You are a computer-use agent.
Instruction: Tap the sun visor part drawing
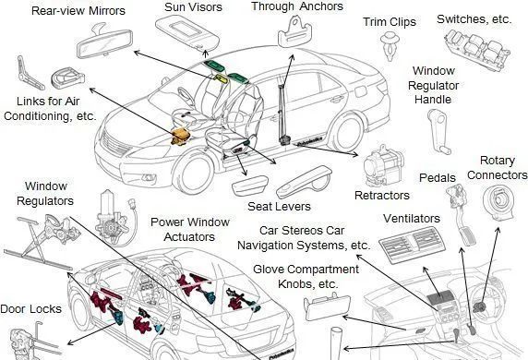(x=187, y=33)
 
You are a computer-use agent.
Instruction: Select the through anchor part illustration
(x=295, y=32)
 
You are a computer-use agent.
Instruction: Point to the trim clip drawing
(x=390, y=46)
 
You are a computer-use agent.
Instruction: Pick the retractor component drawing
(x=383, y=166)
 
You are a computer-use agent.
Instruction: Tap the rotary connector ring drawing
(x=499, y=203)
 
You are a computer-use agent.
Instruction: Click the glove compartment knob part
(x=327, y=306)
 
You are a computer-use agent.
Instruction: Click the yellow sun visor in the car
(x=222, y=78)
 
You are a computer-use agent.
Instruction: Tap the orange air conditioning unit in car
(x=181, y=136)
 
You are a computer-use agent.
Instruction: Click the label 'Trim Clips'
(x=390, y=22)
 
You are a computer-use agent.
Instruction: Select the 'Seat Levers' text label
(x=279, y=206)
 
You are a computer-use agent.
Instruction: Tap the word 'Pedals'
(x=438, y=177)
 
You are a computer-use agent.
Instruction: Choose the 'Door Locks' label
(x=31, y=309)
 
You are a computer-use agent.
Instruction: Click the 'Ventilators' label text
(x=412, y=219)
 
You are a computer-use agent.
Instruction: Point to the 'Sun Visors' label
(x=193, y=7)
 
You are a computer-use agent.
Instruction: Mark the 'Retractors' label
(x=382, y=196)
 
